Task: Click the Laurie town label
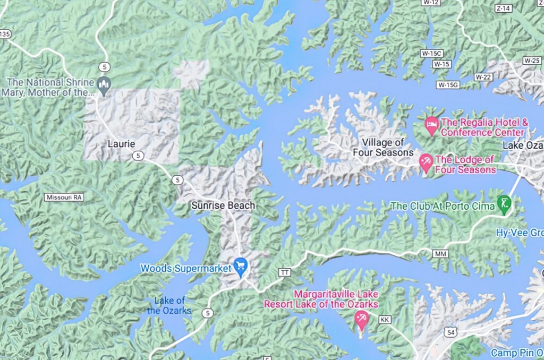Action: tap(121, 144)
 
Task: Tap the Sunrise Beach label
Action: tap(223, 205)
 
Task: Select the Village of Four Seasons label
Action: tap(383, 148)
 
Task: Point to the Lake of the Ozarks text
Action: tap(169, 306)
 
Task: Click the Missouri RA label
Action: tap(64, 197)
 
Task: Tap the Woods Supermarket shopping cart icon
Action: tap(241, 265)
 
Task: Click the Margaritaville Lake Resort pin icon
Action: tap(361, 319)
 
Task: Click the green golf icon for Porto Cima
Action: tap(504, 203)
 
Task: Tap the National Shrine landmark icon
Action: tap(104, 83)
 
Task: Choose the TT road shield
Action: tap(285, 272)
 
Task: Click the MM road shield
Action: tap(440, 254)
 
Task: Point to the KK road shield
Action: tap(385, 320)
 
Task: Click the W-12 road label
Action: tap(432, 3)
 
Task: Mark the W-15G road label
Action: tap(447, 84)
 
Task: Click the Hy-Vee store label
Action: tap(520, 233)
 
